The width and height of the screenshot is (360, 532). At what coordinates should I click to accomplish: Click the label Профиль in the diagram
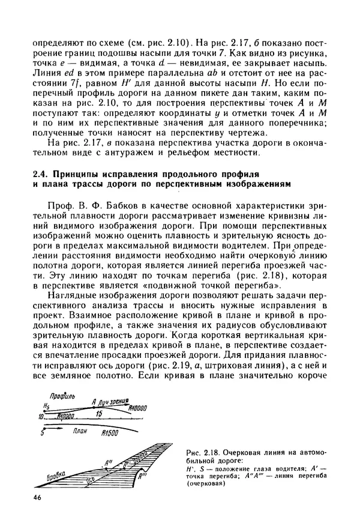[62, 398]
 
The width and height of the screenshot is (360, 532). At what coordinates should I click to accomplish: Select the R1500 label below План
[110, 433]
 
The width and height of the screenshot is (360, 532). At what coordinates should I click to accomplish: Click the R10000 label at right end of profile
[138, 408]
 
